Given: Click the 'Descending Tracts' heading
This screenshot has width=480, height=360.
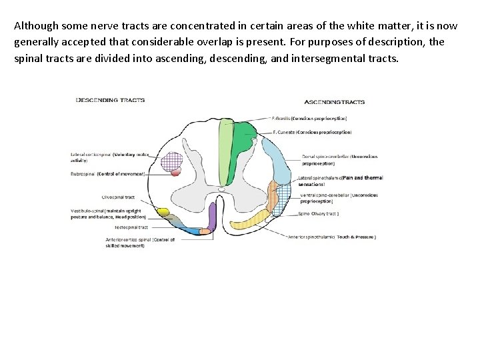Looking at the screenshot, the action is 111,100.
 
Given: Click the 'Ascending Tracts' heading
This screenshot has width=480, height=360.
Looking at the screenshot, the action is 334,102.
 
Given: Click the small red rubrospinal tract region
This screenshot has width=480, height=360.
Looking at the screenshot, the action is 176,171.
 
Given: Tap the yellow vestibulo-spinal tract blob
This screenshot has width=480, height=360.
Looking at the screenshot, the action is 163,212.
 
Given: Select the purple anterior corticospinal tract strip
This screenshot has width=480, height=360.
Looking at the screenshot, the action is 213,217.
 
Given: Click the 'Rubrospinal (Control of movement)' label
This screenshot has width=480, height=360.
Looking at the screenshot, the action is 107,173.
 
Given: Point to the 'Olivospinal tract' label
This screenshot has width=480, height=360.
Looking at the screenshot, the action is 118,197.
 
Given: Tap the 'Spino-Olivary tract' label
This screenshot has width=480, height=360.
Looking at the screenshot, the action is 318,213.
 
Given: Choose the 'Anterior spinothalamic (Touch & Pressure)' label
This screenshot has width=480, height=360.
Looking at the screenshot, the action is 331,237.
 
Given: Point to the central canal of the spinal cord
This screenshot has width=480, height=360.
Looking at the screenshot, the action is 221,189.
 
